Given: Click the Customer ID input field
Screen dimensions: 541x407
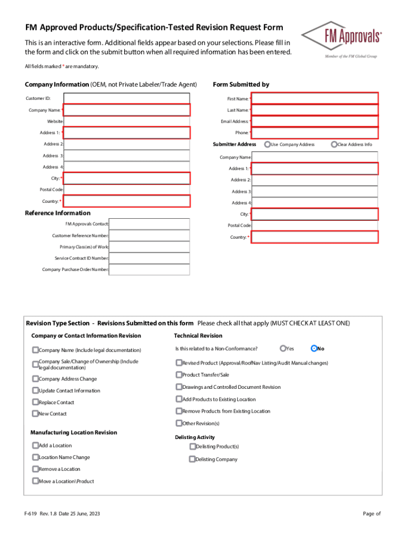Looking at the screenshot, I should tap(126, 98).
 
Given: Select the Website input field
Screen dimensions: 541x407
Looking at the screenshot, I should tap(126, 122).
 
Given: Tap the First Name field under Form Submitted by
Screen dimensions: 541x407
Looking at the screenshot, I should tap(315, 98).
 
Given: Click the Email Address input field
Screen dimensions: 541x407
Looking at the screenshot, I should tap(315, 122).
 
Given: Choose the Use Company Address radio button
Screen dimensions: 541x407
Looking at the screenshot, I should tap(268, 144).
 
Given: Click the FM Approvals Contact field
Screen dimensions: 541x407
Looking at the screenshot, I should tap(150, 224).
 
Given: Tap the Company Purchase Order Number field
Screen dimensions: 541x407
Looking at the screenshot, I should tap(150, 269).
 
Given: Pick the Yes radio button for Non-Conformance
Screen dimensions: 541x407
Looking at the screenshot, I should tap(283, 348).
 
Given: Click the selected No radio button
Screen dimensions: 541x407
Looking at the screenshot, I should tap(314, 348).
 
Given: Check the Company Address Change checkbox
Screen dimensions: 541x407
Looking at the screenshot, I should tap(35, 379).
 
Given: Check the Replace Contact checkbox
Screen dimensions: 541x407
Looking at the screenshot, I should tap(35, 402).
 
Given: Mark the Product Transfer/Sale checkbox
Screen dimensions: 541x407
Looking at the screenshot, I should tap(179, 375).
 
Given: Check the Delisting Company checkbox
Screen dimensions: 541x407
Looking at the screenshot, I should tap(192, 459).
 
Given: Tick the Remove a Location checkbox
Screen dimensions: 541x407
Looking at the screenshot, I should tap(35, 469).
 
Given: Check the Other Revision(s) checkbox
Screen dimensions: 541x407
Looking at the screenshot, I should tap(179, 423).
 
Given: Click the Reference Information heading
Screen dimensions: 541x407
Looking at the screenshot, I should tap(58, 213).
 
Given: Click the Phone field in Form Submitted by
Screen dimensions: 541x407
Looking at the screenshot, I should tap(315, 133).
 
